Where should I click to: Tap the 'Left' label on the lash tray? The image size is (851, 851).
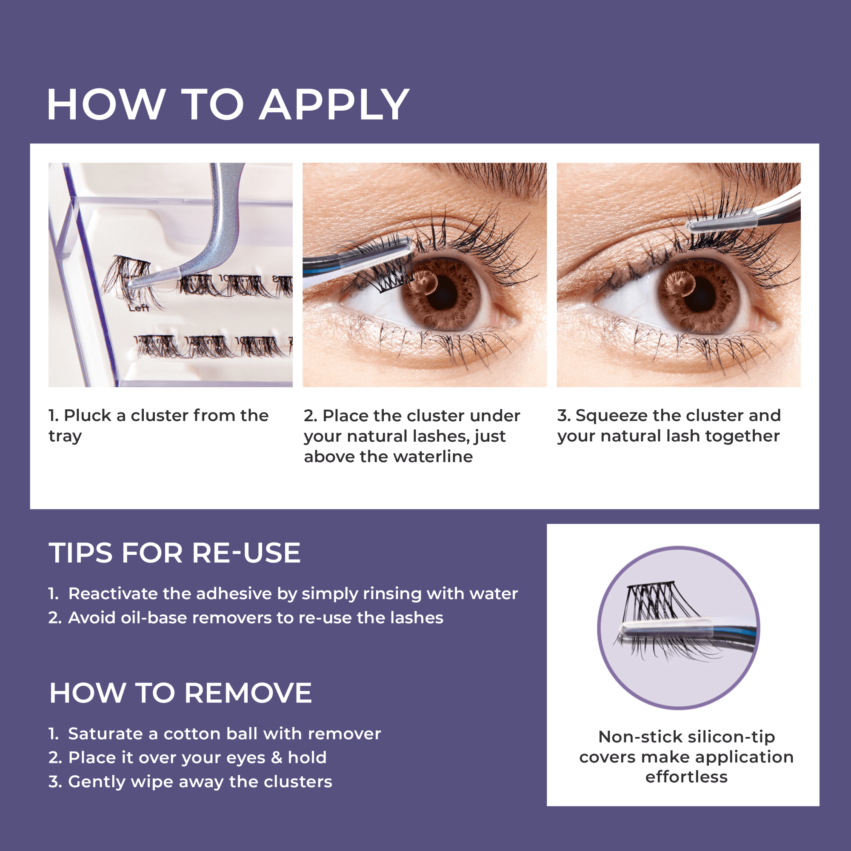139,308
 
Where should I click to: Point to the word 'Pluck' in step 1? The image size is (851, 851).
87,415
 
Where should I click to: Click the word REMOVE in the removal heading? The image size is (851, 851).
248,693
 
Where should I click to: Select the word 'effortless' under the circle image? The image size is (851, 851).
686,777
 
